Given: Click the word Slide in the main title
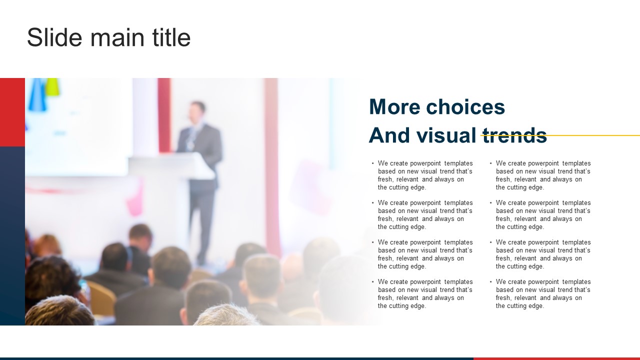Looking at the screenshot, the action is pyautogui.click(x=54, y=37).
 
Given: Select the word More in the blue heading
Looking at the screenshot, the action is pyautogui.click(x=393, y=107).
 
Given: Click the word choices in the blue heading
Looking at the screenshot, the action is pyautogui.click(x=465, y=107).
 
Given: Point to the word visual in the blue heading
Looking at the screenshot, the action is pyautogui.click(x=446, y=135).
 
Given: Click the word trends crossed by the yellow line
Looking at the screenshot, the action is pyautogui.click(x=515, y=135).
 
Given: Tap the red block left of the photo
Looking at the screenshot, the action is pyautogui.click(x=12, y=112).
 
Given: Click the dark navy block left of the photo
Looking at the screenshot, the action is pyautogui.click(x=12, y=235).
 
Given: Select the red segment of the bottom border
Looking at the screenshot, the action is pyautogui.click(x=556, y=359).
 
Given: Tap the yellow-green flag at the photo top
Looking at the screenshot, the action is pyautogui.click(x=52, y=86).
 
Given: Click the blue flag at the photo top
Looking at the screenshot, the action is pyautogui.click(x=37, y=94).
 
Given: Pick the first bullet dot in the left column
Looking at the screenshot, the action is pyautogui.click(x=372, y=163).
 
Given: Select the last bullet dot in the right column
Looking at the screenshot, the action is pyautogui.click(x=490, y=281).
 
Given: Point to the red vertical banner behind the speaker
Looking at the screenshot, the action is pyautogui.click(x=164, y=115).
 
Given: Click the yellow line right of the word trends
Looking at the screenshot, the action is pyautogui.click(x=593, y=135).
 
